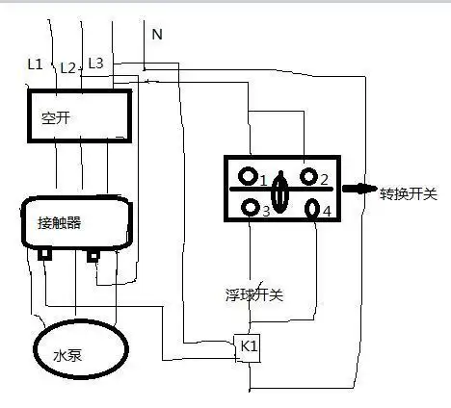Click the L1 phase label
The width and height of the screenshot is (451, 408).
click(35, 64)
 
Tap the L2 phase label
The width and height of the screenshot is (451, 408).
click(67, 68)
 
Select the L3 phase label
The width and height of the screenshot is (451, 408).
click(95, 64)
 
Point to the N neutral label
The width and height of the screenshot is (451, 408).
click(156, 35)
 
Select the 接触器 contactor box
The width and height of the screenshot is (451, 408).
click(76, 222)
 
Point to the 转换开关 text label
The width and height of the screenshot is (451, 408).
click(408, 193)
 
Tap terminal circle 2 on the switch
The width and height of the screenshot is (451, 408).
click(308, 177)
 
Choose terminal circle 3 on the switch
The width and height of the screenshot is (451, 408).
click(251, 208)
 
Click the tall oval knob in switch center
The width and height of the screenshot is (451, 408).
click(279, 191)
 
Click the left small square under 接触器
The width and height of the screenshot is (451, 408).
click(44, 255)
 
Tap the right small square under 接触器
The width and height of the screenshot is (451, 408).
click(93, 256)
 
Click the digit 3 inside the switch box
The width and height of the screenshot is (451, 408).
click(265, 211)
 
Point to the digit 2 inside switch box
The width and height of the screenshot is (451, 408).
click(325, 179)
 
